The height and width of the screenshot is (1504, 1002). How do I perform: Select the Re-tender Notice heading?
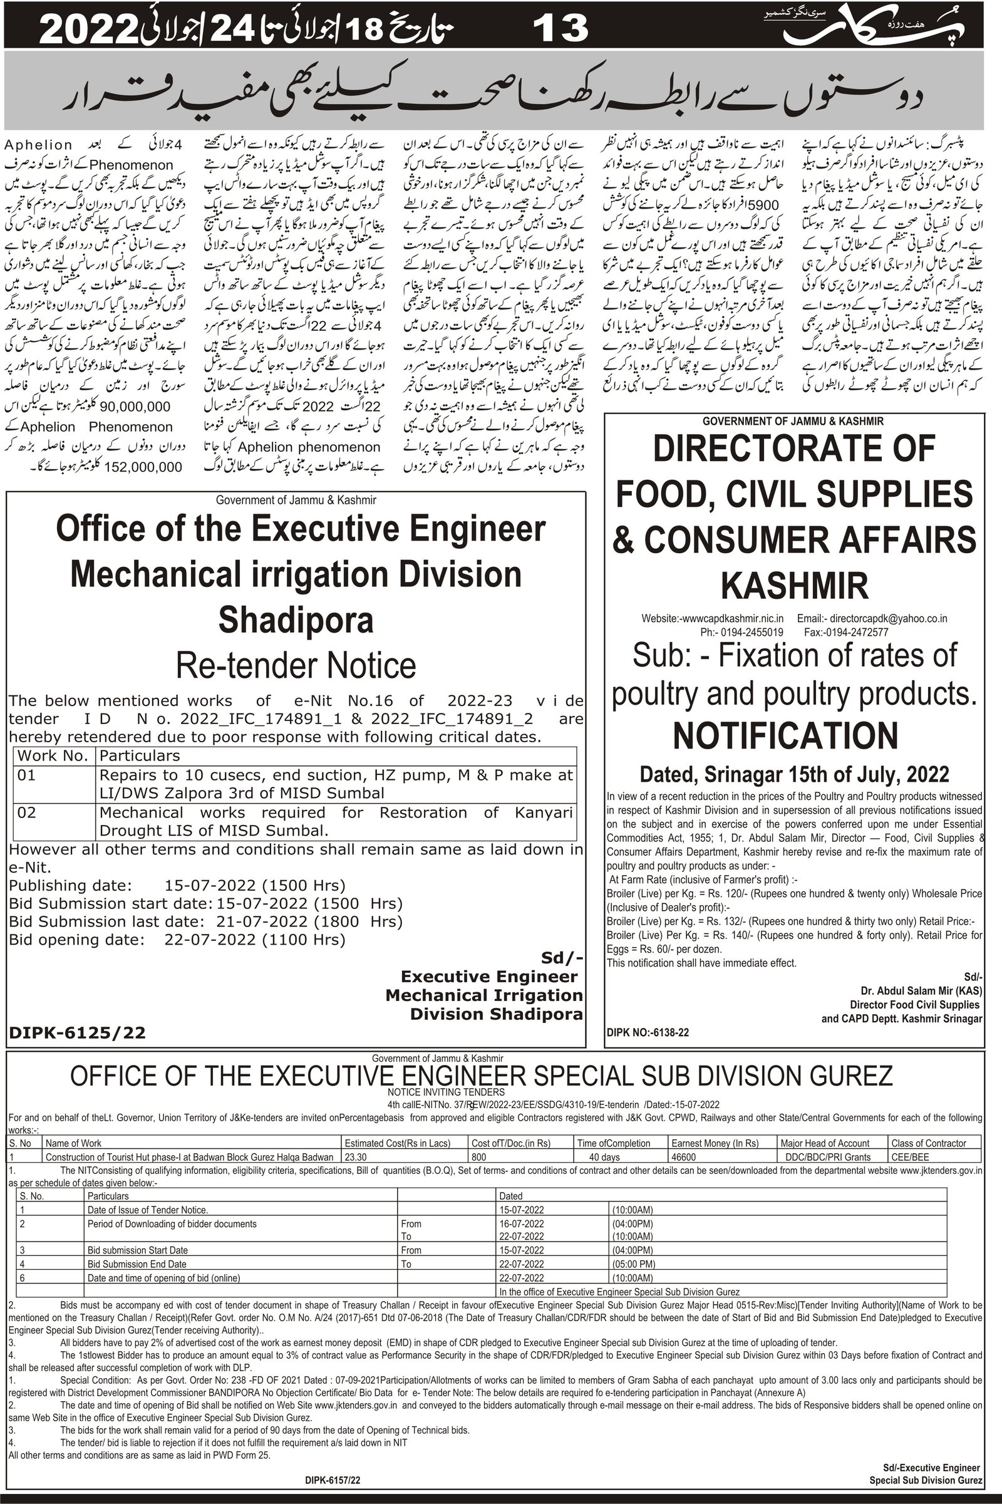coord(296,665)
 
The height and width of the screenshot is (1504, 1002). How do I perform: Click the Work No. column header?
coord(53,755)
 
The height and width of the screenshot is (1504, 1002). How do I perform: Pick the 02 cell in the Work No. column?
coord(27,812)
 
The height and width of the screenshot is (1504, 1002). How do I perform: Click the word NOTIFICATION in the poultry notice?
coord(785,735)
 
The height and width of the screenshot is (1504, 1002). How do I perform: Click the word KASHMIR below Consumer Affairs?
coord(794,584)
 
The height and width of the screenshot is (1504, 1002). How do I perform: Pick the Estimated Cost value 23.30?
coord(356,1158)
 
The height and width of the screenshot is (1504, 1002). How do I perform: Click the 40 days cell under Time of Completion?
coord(604,1158)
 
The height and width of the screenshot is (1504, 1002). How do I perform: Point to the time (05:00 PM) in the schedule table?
coord(633,1264)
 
